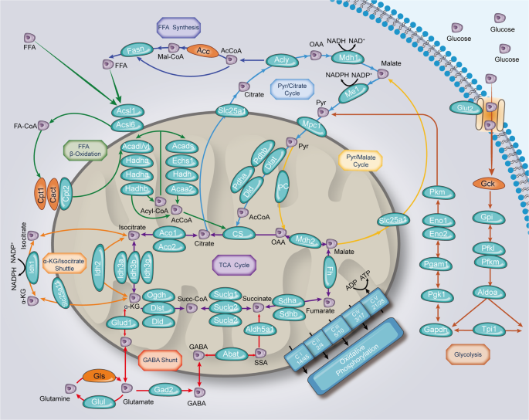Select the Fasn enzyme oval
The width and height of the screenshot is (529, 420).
pos(138,49)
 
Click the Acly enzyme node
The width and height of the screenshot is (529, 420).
pos(281,59)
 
